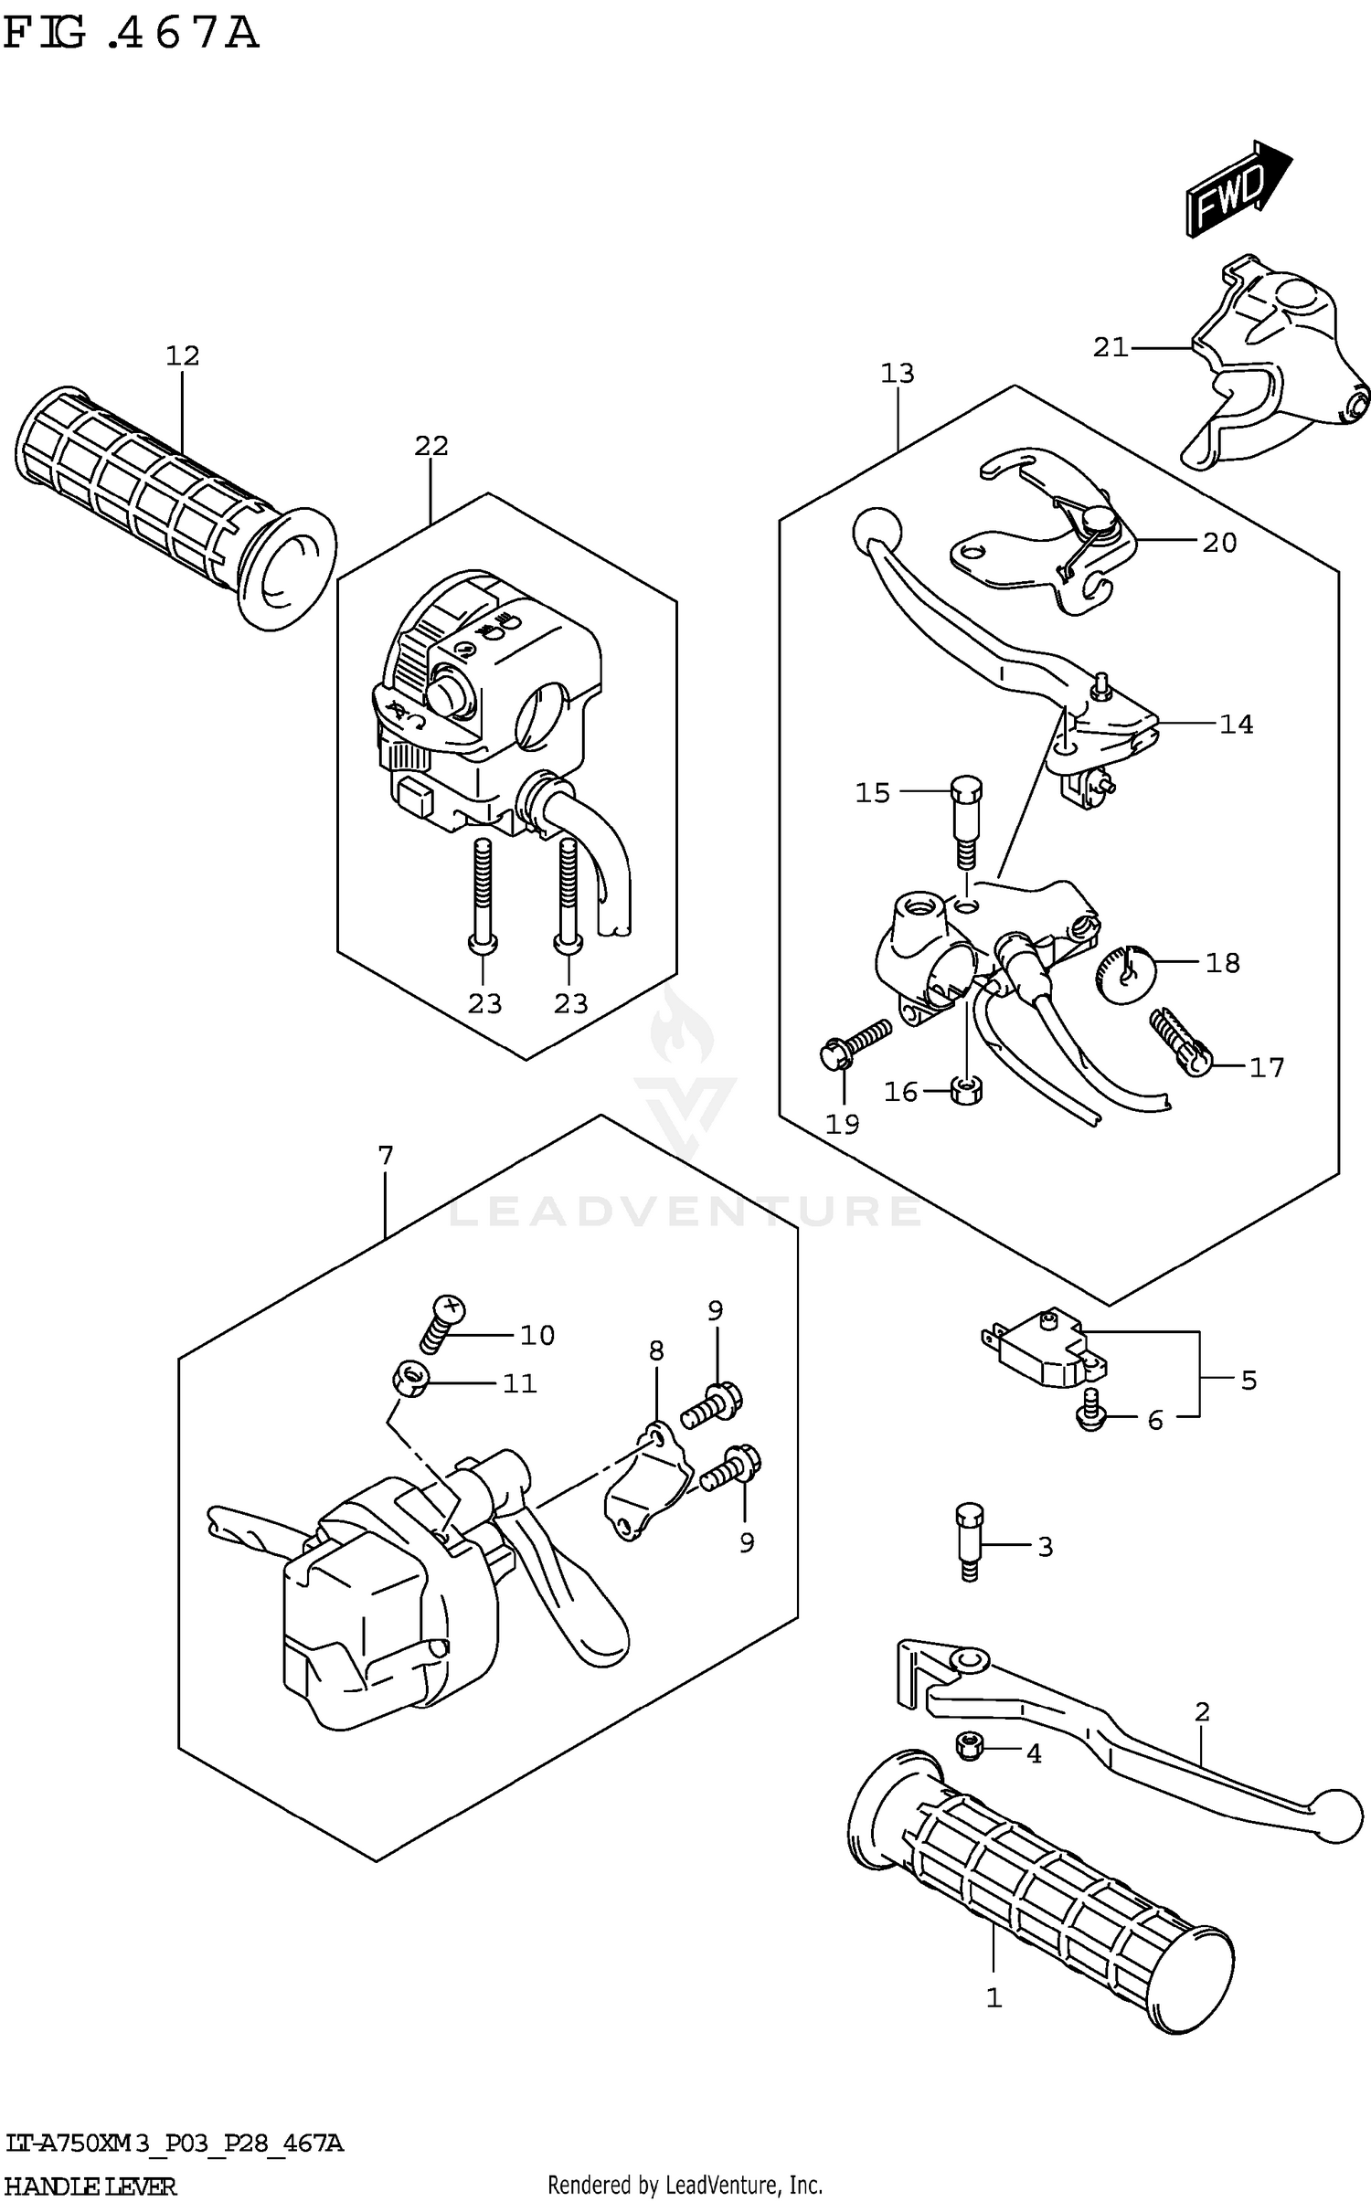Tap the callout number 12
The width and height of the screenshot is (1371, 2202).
[x=183, y=355]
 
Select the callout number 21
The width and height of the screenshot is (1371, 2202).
[x=1111, y=347]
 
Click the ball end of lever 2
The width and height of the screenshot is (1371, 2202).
[x=1336, y=1815]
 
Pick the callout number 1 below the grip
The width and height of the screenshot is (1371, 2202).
[x=994, y=1997]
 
